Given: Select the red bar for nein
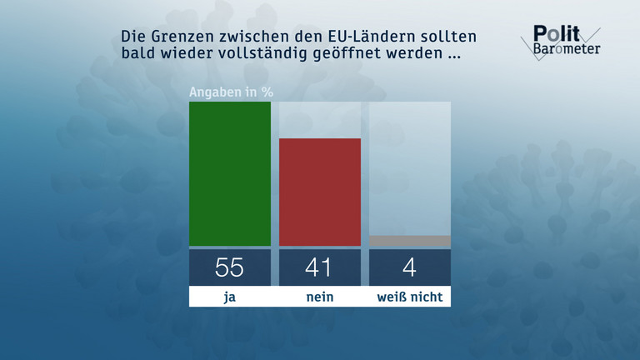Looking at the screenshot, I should [319, 192].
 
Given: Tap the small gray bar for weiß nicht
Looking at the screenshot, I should [410, 241].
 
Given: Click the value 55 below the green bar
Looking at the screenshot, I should [230, 267].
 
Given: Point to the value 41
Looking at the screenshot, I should [319, 267].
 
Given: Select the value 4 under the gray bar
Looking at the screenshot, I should [410, 267].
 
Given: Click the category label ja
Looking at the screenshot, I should [230, 297].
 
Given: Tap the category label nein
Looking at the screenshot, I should [319, 297].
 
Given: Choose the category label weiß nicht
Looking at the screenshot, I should [410, 297].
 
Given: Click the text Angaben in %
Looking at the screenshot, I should [232, 92].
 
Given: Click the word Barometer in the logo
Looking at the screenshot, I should [567, 48].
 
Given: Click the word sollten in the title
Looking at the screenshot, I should [429, 38].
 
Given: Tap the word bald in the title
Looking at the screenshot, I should [137, 56].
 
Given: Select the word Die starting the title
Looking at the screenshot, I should [133, 38].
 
